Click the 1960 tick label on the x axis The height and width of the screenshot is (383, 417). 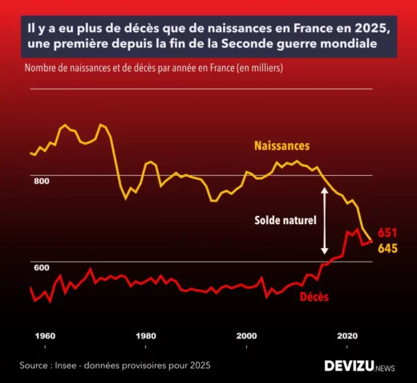[45, 336]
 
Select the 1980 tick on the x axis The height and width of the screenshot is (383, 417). [146, 336]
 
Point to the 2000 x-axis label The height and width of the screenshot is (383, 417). [246, 336]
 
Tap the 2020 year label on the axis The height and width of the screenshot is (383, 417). [347, 336]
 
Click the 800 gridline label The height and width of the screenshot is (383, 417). [42, 181]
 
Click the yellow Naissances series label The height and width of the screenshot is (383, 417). [281, 146]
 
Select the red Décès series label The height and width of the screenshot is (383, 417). [314, 296]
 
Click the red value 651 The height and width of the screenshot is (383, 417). [387, 233]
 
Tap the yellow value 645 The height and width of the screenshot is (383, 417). [387, 249]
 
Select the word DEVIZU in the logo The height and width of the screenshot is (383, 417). [349, 365]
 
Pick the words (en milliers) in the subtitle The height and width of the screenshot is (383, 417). [258, 69]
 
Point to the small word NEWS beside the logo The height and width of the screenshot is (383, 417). [385, 367]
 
